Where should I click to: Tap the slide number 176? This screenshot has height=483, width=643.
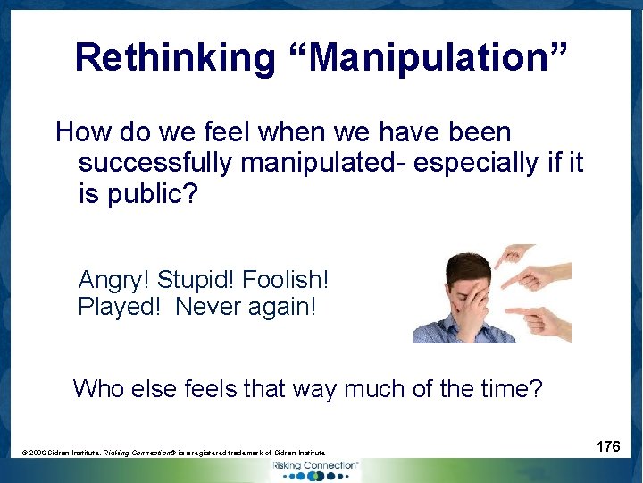608,445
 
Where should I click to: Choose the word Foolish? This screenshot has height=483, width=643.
287,279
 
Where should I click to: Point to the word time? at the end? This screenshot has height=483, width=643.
509,388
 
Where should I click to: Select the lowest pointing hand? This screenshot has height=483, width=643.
540,318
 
